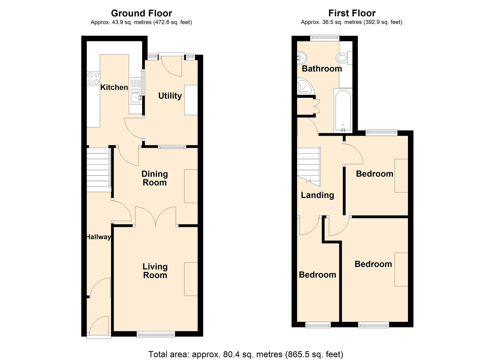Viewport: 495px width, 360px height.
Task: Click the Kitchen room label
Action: (114, 87)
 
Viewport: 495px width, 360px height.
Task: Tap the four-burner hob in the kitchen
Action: (93, 78)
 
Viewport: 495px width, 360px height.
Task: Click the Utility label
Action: (170, 96)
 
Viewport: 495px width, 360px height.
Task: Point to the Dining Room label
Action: (155, 178)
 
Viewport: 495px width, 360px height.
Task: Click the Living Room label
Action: (155, 271)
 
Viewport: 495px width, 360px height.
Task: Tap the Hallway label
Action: (99, 237)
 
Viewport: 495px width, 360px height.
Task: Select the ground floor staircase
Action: (99, 170)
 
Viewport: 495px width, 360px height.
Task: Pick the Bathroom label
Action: (322, 69)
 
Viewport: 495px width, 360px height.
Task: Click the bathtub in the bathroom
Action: (343, 110)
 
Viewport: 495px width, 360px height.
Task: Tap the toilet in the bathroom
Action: (344, 58)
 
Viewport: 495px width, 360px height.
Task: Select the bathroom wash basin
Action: (302, 57)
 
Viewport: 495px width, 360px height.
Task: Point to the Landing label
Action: (318, 195)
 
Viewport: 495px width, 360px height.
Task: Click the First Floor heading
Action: (352, 13)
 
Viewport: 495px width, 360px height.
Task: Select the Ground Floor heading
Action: (141, 13)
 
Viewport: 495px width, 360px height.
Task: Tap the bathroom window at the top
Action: (325, 38)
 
